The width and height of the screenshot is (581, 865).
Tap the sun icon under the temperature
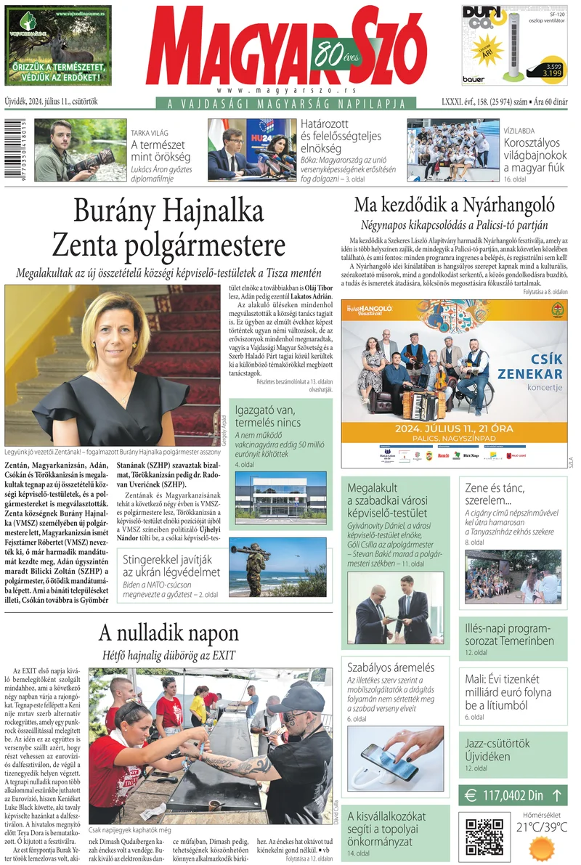541,848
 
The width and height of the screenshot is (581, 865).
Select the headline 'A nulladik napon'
168,632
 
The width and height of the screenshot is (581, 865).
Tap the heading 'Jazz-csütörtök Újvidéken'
497,750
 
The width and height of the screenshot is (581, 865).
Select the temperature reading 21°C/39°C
542,827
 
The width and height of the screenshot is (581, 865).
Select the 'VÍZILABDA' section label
521,131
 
